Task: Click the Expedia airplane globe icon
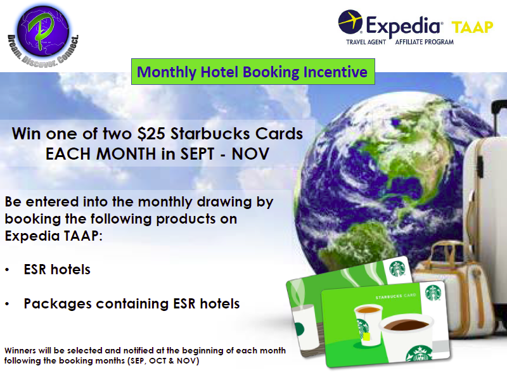point(350,22)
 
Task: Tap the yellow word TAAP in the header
point(472,27)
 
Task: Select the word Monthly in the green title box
point(166,72)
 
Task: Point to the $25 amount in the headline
point(151,134)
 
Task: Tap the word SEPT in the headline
point(197,154)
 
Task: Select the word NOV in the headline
point(250,154)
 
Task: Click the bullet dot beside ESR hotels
point(7,270)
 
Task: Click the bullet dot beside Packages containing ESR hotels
point(7,304)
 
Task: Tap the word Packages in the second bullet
point(58,304)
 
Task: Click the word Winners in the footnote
point(20,350)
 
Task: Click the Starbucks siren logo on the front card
point(433,293)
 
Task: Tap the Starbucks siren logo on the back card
point(397,269)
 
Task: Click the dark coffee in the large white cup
point(406,324)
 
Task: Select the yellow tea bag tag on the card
point(367,337)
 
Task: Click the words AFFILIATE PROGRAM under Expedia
point(424,42)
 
